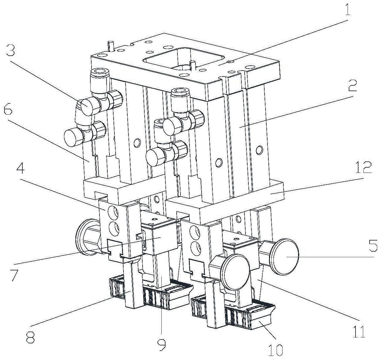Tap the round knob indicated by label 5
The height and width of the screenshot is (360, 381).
[x=286, y=257]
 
